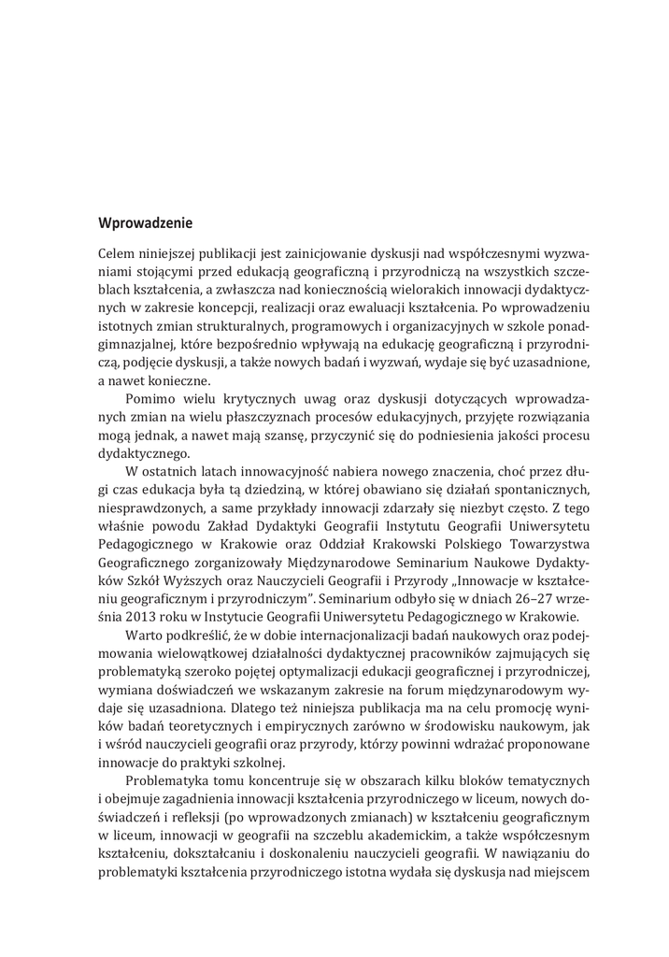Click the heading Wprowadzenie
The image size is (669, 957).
(x=145, y=223)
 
